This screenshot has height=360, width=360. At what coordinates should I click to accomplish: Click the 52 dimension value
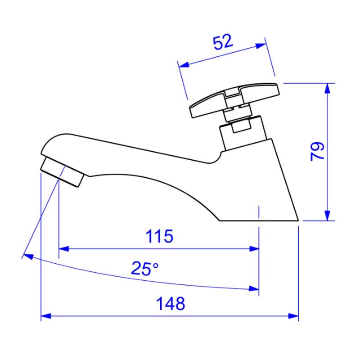click(x=223, y=42)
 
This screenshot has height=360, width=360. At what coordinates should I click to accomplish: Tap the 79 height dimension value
click(x=317, y=152)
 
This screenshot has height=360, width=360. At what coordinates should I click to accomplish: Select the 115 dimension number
click(x=160, y=236)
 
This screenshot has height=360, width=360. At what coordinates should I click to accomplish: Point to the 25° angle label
click(x=144, y=268)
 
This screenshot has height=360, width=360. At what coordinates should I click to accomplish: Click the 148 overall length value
click(x=171, y=303)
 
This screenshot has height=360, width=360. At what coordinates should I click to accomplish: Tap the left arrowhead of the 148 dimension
click(x=46, y=316)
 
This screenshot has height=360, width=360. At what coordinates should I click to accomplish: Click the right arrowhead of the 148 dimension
click(x=293, y=316)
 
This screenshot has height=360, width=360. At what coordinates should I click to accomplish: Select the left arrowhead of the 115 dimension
click(x=64, y=249)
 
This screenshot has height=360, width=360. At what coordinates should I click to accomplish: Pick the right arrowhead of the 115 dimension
click(x=254, y=249)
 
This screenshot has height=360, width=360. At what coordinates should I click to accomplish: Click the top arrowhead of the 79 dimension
click(x=328, y=88)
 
